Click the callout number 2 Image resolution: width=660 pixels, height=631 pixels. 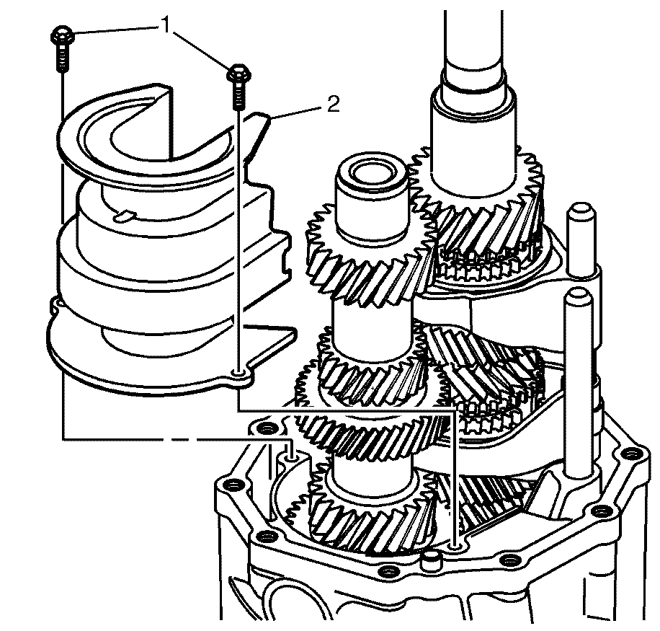[333, 105]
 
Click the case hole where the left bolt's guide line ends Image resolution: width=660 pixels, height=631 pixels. [292, 456]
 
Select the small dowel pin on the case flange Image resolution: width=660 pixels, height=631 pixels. [432, 561]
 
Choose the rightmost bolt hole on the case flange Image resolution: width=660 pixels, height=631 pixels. [633, 454]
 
